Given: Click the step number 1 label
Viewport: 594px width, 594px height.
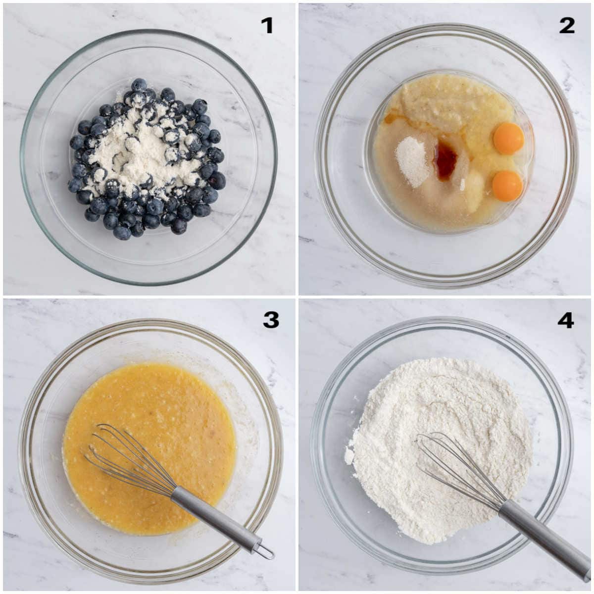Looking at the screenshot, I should pyautogui.click(x=267, y=25).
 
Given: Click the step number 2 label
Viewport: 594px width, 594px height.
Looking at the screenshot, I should pyautogui.click(x=567, y=25).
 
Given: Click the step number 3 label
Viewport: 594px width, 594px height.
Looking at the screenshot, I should pyautogui.click(x=271, y=320).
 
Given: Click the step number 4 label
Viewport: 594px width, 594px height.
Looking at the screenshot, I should pyautogui.click(x=565, y=320).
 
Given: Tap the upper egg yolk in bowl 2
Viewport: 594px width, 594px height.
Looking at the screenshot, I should pyautogui.click(x=509, y=138).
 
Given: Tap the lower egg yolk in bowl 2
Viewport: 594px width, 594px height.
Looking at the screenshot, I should pyautogui.click(x=507, y=186).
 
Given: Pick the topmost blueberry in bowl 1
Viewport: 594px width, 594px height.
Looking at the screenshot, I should pyautogui.click(x=139, y=85).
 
